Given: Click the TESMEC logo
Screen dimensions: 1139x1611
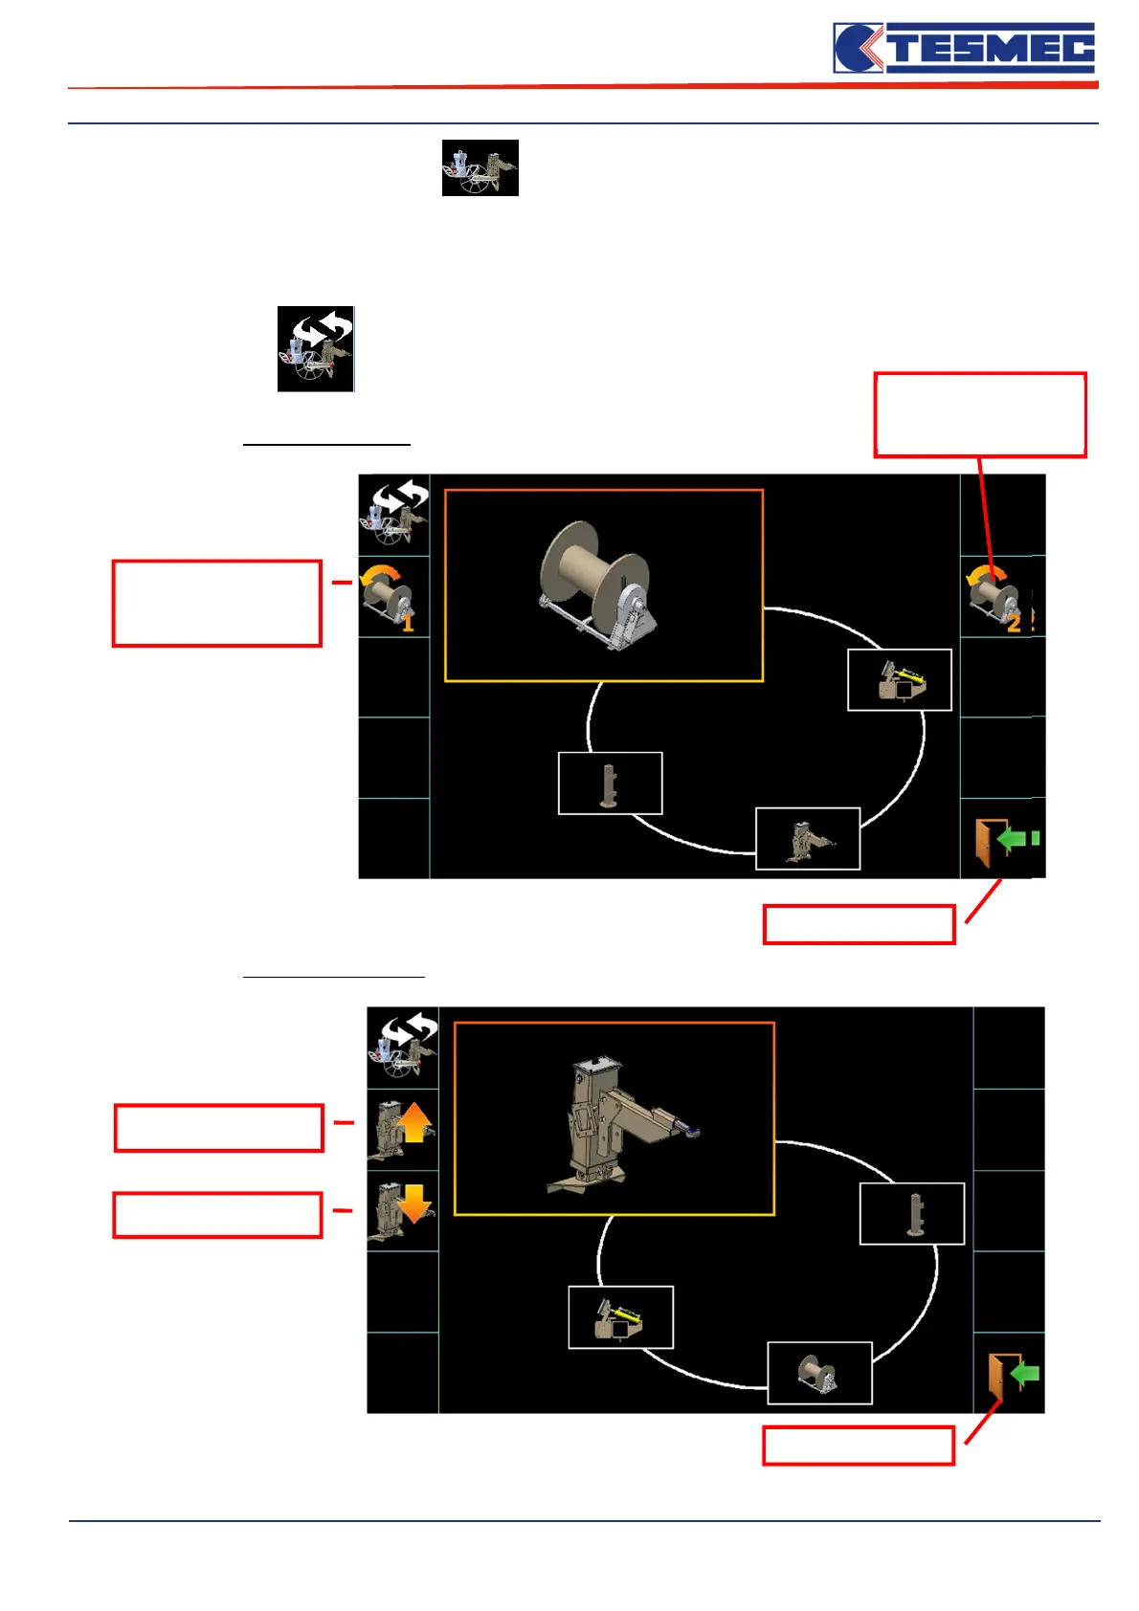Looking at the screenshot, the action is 964,48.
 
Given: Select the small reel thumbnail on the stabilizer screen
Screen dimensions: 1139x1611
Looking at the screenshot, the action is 819,1373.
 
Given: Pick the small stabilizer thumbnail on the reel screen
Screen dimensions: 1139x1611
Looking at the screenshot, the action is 808,839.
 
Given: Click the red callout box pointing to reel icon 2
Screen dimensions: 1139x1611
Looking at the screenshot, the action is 979,415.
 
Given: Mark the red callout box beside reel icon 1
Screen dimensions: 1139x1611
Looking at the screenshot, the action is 216,604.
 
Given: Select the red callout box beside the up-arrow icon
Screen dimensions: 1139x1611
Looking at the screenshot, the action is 218,1127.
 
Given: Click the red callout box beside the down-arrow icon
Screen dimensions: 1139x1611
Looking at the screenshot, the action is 217,1215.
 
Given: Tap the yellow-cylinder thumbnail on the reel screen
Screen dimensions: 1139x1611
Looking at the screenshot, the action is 900,680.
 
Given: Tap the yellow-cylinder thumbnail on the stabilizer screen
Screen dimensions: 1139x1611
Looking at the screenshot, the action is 620,1317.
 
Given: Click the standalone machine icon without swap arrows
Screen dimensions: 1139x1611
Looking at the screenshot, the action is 480,168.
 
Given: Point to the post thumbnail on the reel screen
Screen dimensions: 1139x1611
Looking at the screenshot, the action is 610,783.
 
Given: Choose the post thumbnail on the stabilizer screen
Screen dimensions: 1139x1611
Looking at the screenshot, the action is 911,1214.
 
